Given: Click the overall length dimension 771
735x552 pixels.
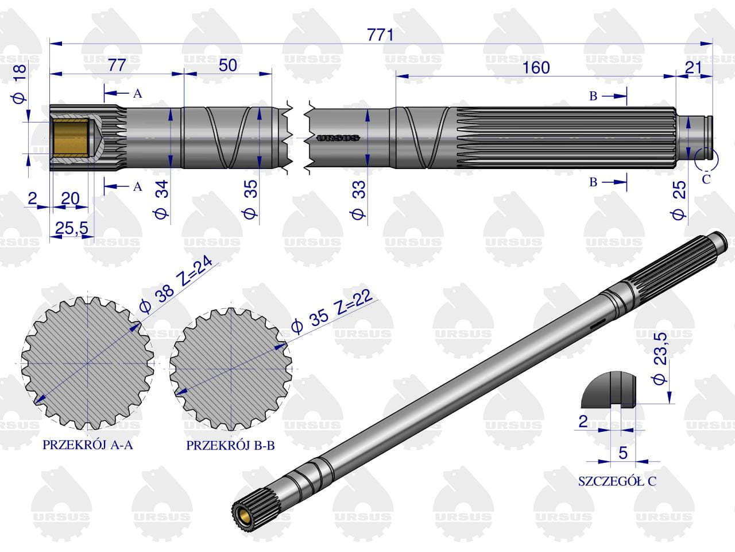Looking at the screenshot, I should (381, 35).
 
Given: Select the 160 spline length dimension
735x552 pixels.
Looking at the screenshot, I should (536, 67).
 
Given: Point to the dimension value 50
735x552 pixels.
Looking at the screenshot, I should (227, 65).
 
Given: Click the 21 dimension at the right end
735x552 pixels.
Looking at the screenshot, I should (694, 67).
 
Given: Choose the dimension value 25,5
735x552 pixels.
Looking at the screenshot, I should (72, 228).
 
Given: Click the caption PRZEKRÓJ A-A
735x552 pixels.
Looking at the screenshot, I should (87, 445).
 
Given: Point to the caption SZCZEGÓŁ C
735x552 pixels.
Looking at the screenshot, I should (617, 481).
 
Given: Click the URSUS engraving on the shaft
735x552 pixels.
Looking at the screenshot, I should (338, 138).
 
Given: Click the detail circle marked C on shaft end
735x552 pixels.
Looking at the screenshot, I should (706, 158).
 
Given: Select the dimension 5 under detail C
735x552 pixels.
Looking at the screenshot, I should (622, 453).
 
